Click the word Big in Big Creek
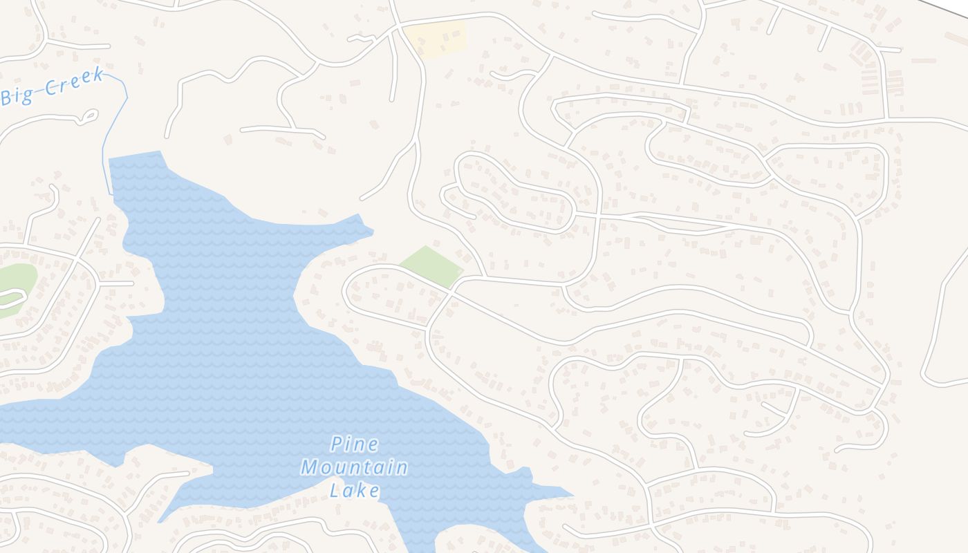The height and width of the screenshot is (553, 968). pos(17,95)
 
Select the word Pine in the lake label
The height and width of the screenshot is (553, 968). pos(354,444)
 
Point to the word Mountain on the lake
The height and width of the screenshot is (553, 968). pos(354,468)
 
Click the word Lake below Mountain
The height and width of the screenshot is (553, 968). pos(354,491)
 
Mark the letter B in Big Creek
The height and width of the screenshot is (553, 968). pos(8,97)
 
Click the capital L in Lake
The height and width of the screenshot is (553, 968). pos(335,491)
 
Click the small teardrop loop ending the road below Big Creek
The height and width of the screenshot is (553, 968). pos(88,117)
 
